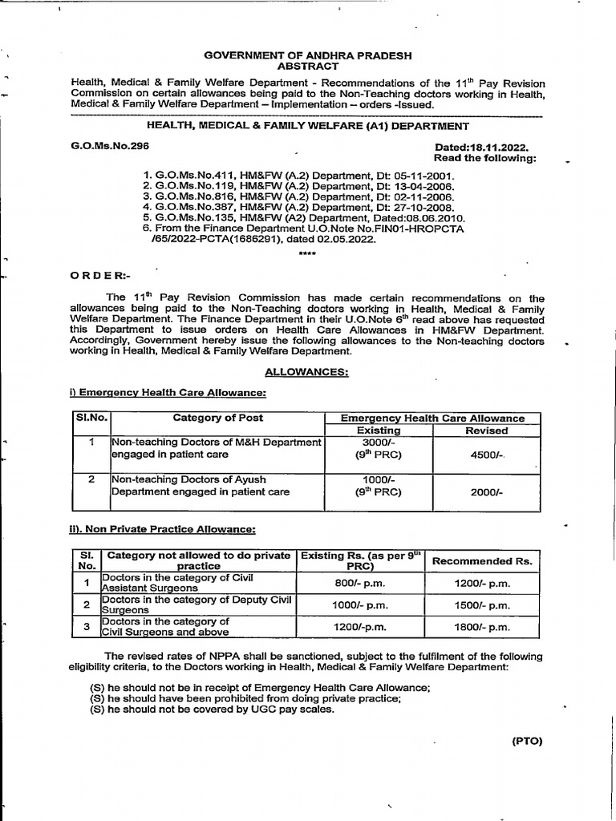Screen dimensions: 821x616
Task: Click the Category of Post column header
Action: pos(217,418)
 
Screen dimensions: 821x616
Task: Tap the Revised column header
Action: pos(486,431)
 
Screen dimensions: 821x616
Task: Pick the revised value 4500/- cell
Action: pos(486,455)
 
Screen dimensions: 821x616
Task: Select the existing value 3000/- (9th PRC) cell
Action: pos(378,448)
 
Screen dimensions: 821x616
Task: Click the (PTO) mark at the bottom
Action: pos(527,741)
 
